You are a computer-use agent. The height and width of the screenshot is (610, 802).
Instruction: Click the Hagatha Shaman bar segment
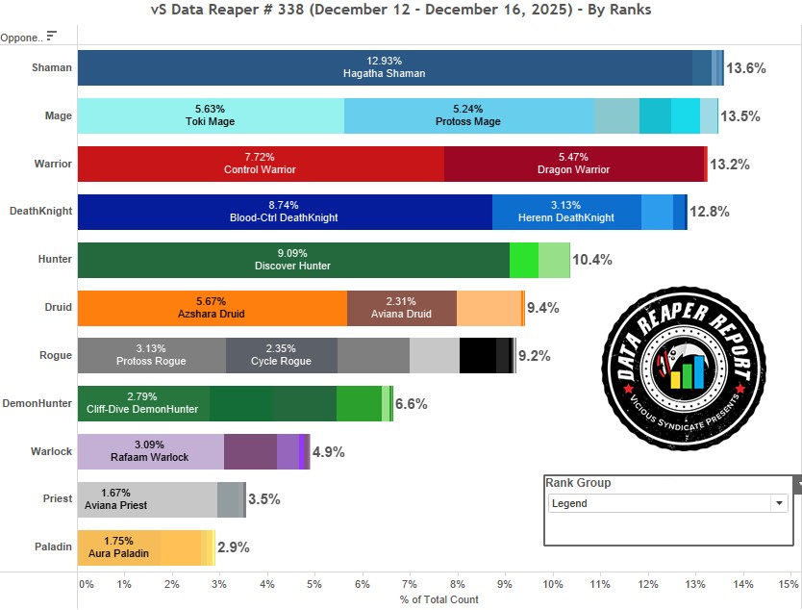tap(385, 67)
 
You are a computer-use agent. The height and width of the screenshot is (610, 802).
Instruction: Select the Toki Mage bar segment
tap(210, 115)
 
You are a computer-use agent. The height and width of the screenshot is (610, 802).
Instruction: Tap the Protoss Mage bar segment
tap(468, 115)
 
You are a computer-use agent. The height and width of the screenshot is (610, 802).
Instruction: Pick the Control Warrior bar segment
tap(260, 164)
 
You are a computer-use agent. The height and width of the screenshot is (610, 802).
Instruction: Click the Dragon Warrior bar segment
tap(574, 164)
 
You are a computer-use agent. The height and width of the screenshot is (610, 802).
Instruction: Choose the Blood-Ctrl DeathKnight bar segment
tap(284, 212)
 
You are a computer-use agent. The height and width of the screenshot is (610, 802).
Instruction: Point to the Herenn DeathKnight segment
tap(566, 212)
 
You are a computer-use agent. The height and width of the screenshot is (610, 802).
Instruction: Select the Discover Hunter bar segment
tap(293, 260)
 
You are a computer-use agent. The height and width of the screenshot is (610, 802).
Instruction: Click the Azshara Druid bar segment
tap(212, 308)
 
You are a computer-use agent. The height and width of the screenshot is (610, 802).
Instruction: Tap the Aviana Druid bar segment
tap(401, 308)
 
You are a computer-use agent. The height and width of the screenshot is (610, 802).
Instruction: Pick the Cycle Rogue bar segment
tap(281, 356)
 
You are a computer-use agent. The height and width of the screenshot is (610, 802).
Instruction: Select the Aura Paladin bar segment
tap(118, 547)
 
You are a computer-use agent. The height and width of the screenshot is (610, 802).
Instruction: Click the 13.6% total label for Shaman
tap(746, 68)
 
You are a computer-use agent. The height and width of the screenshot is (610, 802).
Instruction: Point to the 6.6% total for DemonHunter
tap(412, 404)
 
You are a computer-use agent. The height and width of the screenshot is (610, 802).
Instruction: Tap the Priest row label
tap(58, 499)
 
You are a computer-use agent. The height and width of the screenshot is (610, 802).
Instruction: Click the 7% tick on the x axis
tap(410, 584)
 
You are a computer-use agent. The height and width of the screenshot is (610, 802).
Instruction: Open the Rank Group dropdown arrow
tap(779, 503)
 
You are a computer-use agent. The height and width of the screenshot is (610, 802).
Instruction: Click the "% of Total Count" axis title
tap(439, 599)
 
